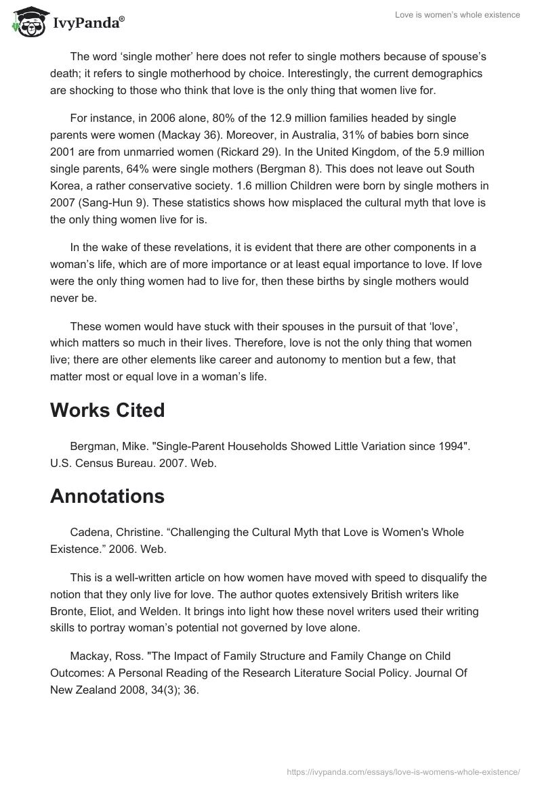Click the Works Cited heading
107,411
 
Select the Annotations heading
107,496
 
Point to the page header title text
458,15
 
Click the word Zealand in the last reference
92,689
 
